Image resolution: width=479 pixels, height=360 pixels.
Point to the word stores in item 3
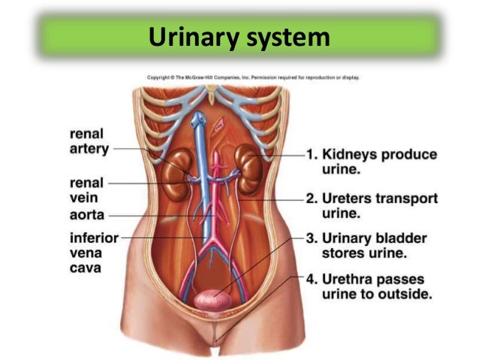348,254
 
